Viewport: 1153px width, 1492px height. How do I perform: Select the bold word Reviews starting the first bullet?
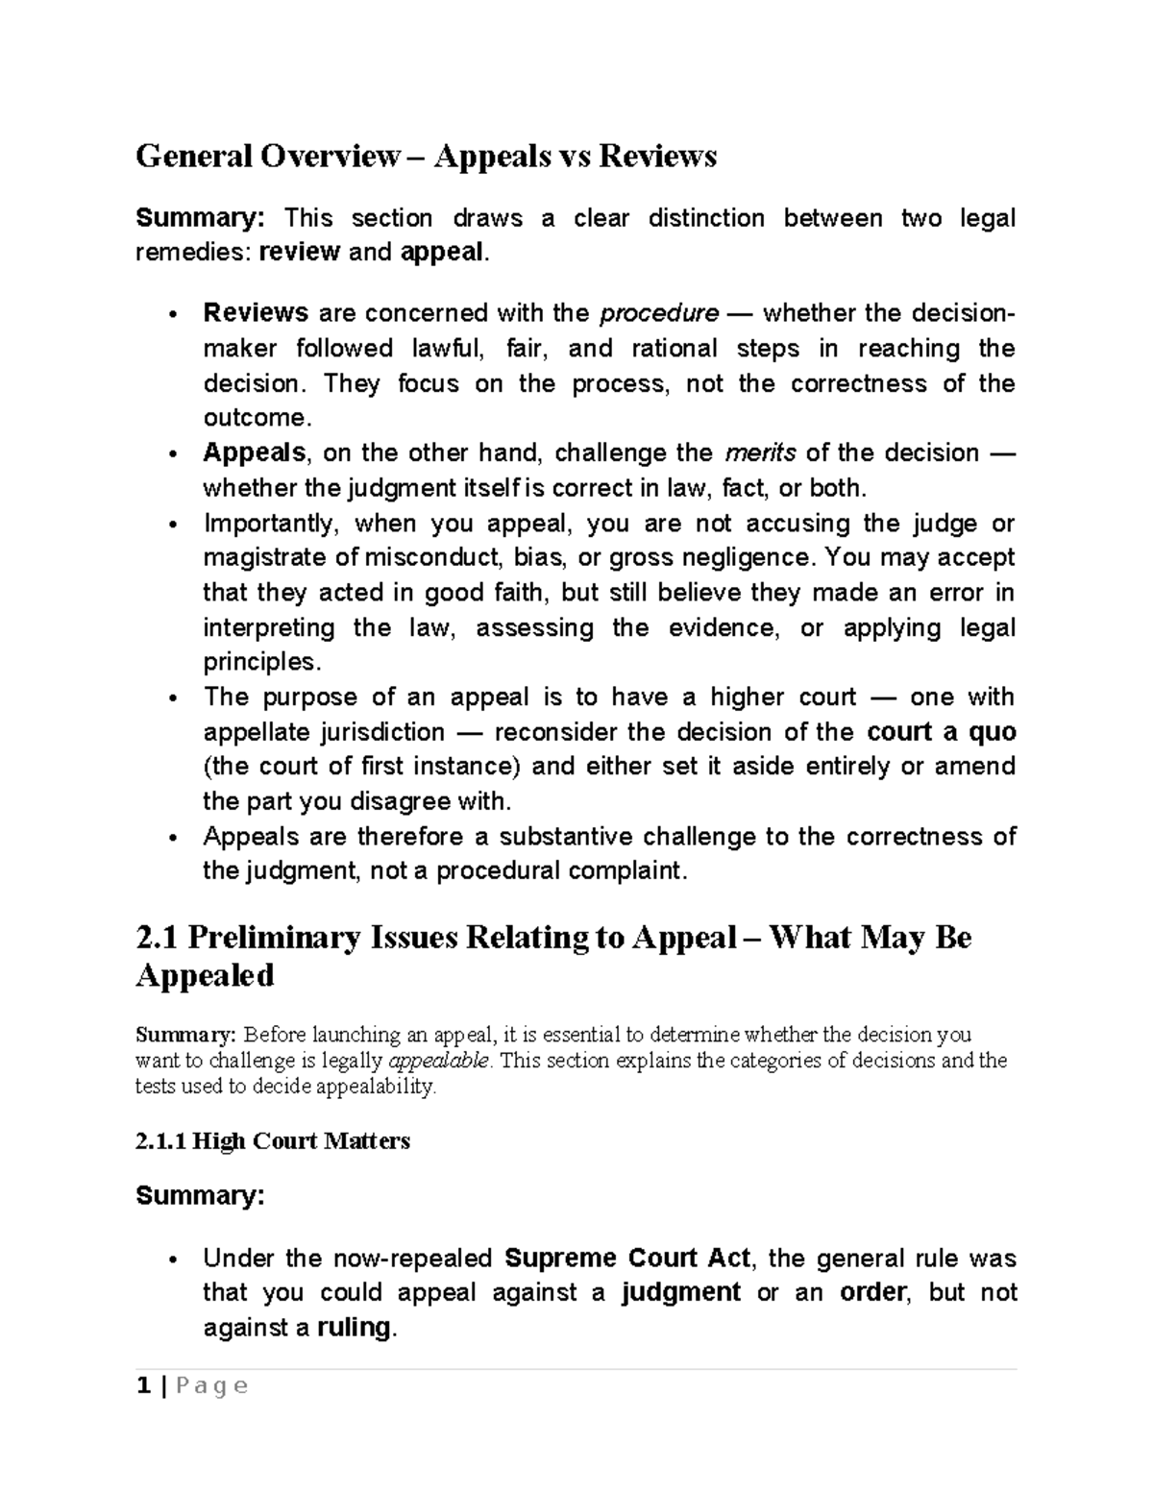(x=255, y=313)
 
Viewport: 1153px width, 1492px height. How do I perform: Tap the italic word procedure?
(x=658, y=313)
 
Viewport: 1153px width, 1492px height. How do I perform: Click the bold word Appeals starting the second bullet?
(x=255, y=452)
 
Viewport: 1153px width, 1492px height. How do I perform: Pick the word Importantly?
(x=270, y=524)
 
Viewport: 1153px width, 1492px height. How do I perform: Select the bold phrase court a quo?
(x=941, y=732)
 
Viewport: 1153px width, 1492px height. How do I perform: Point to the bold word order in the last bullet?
(x=871, y=1293)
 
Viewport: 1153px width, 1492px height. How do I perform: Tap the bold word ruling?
(x=354, y=1328)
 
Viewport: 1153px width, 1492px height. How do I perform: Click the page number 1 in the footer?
(x=143, y=1386)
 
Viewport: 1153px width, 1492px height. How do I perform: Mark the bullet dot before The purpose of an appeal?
(x=172, y=698)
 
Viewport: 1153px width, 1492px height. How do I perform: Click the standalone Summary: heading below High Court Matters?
(x=199, y=1196)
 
